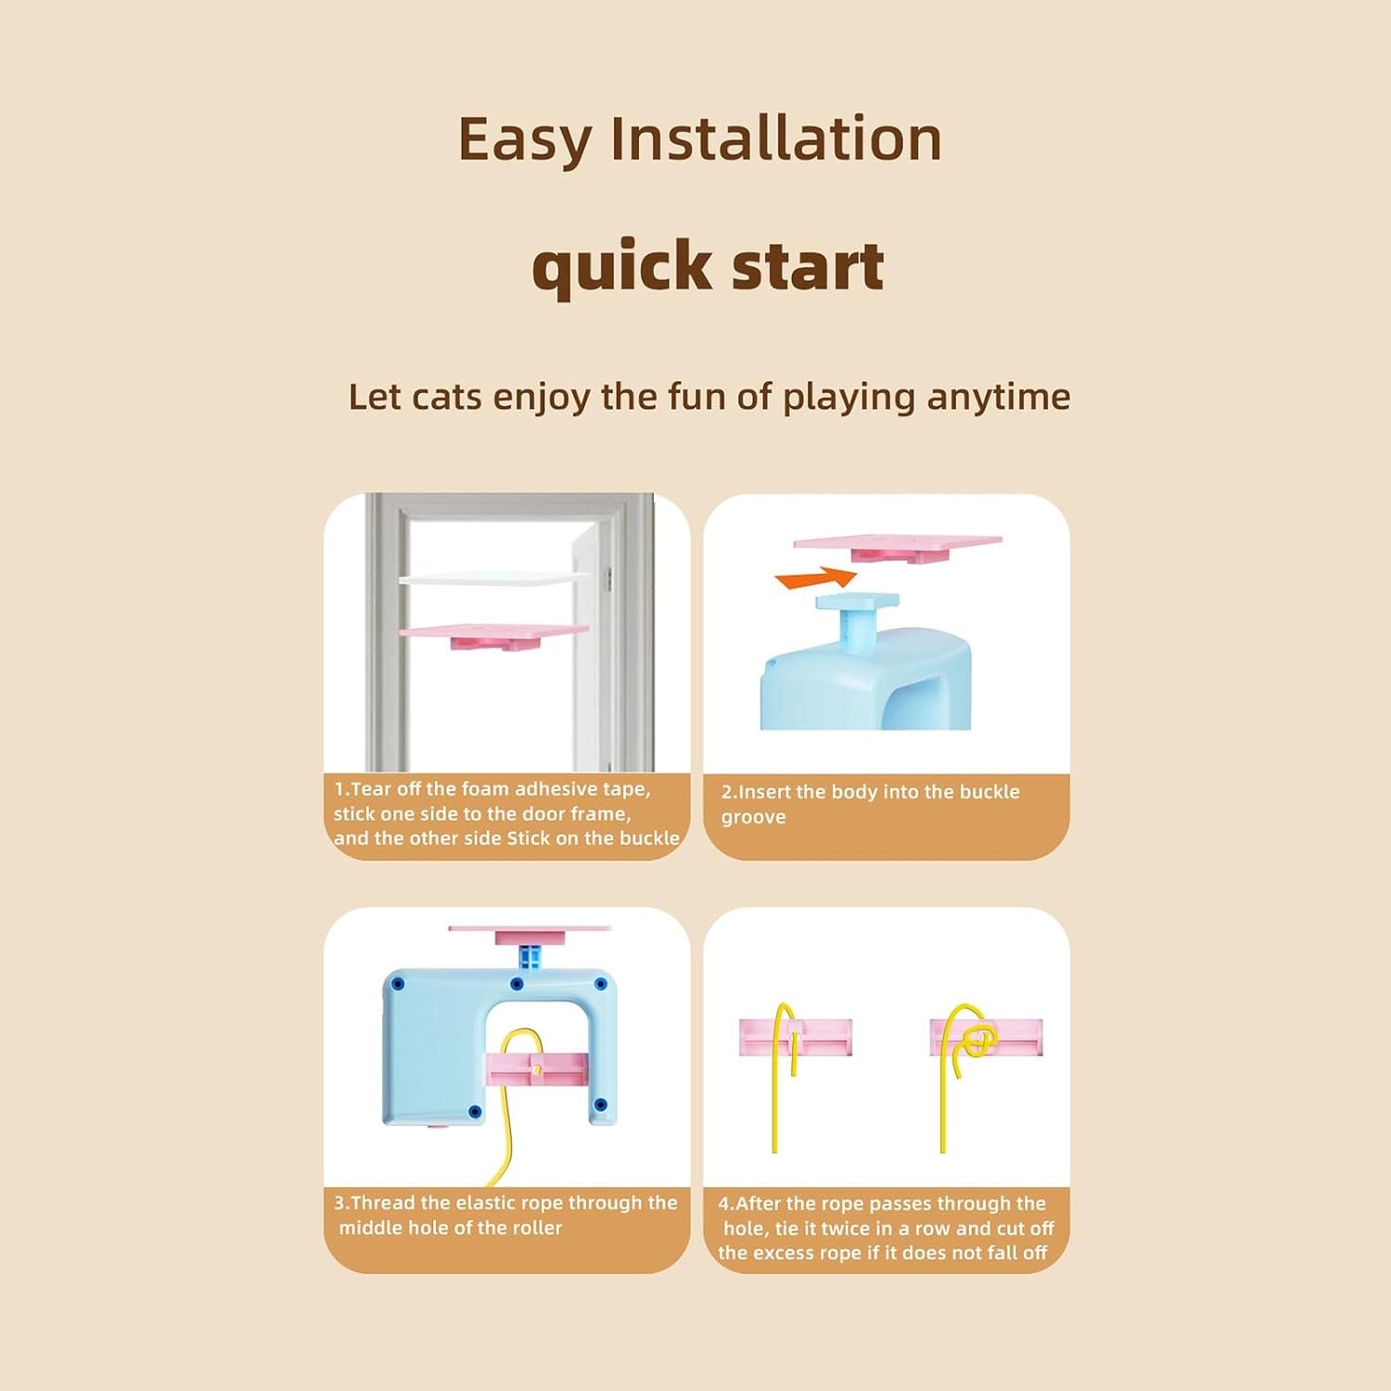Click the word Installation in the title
[775, 139]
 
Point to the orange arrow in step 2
[816, 579]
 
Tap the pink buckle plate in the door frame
[493, 634]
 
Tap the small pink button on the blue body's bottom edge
[432, 1127]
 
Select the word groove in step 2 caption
[753, 818]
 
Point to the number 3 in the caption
[339, 1203]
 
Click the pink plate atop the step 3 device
[530, 932]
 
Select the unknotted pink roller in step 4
[796, 1038]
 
